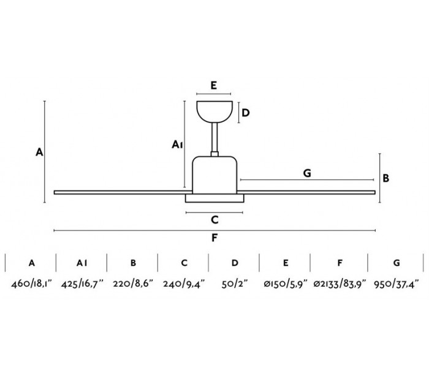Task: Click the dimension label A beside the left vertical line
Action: coord(39,152)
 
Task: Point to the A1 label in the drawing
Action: coord(176,145)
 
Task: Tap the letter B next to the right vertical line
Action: coord(387,178)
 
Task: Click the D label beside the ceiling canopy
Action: coord(245,113)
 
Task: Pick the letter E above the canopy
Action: coord(213,86)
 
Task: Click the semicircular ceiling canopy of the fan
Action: coord(214,112)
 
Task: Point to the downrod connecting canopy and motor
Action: coord(214,140)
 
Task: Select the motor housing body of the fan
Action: coord(214,175)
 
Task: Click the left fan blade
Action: coord(116,193)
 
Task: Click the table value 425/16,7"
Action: coord(82,284)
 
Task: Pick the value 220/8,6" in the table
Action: coord(132,284)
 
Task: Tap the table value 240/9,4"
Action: coord(184,284)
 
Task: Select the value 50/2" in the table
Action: coord(235,284)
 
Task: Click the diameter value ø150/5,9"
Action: coord(286,284)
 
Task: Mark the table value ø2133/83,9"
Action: coord(339,284)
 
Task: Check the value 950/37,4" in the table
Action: coord(397,284)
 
